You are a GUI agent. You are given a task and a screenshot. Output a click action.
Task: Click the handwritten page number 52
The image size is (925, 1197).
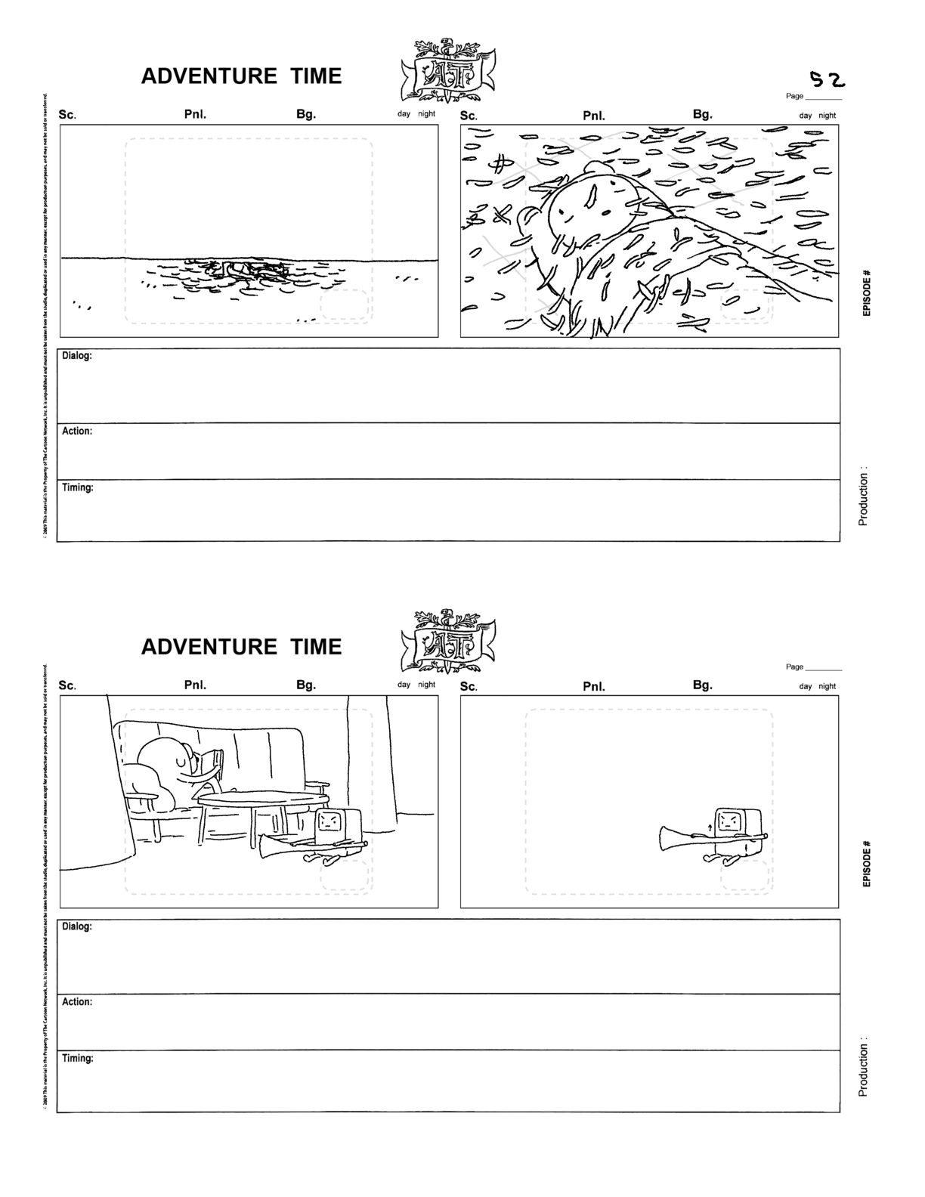(x=827, y=79)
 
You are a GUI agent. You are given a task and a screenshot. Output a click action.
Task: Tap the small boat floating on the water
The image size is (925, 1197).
(x=246, y=268)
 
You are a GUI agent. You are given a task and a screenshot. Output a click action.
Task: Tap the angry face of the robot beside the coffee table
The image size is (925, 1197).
(x=329, y=821)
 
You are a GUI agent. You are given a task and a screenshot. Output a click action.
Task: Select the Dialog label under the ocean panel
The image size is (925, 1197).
(x=77, y=356)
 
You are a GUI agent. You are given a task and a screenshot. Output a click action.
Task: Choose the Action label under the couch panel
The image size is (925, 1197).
(x=77, y=1002)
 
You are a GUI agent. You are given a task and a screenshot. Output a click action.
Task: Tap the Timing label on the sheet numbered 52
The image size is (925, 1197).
(x=78, y=488)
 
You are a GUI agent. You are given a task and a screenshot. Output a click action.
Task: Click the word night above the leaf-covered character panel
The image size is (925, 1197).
(x=828, y=116)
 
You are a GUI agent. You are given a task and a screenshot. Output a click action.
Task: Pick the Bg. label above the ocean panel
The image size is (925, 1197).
(x=306, y=114)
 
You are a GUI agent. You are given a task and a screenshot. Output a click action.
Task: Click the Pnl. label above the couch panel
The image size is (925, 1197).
(x=195, y=685)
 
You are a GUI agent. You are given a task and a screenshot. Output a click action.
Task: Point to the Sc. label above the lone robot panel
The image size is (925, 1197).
(x=469, y=686)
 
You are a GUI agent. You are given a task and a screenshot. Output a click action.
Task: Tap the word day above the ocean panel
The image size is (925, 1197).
(x=404, y=114)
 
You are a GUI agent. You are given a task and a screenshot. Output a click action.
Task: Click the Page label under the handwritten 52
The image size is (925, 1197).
(x=794, y=96)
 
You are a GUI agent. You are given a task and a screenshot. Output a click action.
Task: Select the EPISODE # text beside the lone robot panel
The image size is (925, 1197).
(x=867, y=863)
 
